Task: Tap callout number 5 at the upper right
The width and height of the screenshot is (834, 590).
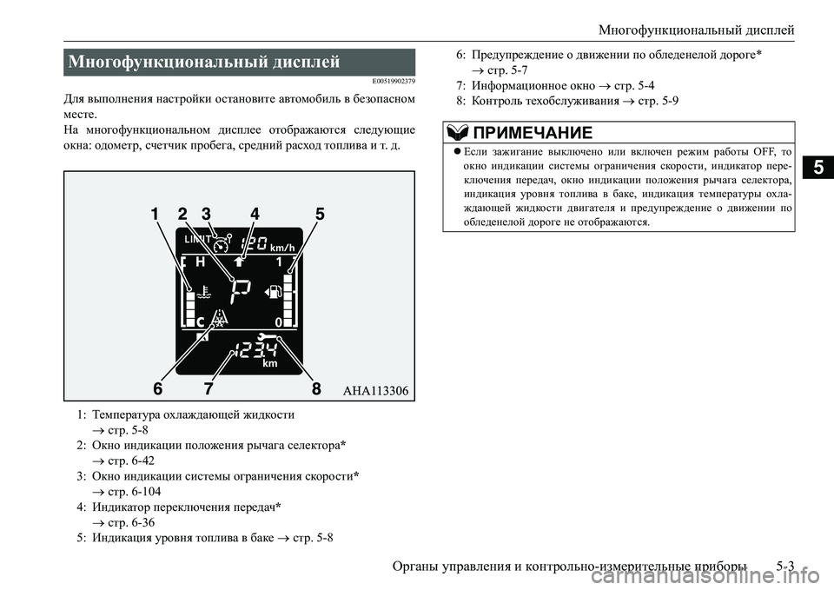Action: point(320,214)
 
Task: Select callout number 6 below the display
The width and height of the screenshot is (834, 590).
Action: point(160,388)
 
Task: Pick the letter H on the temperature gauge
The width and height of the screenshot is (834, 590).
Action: point(201,261)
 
